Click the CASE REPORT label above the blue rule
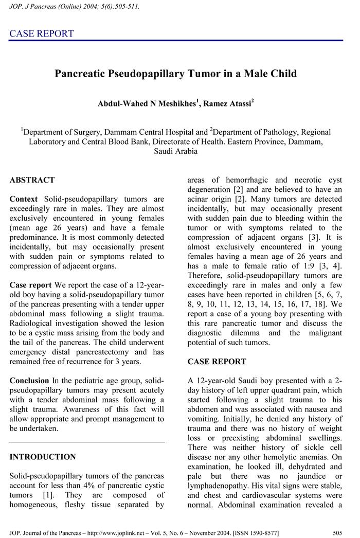pyautogui.click(x=42, y=34)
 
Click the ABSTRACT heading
pyautogui.click(x=32, y=180)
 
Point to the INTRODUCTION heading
pyautogui.click(x=43, y=457)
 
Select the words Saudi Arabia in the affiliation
pyautogui.click(x=175, y=151)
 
